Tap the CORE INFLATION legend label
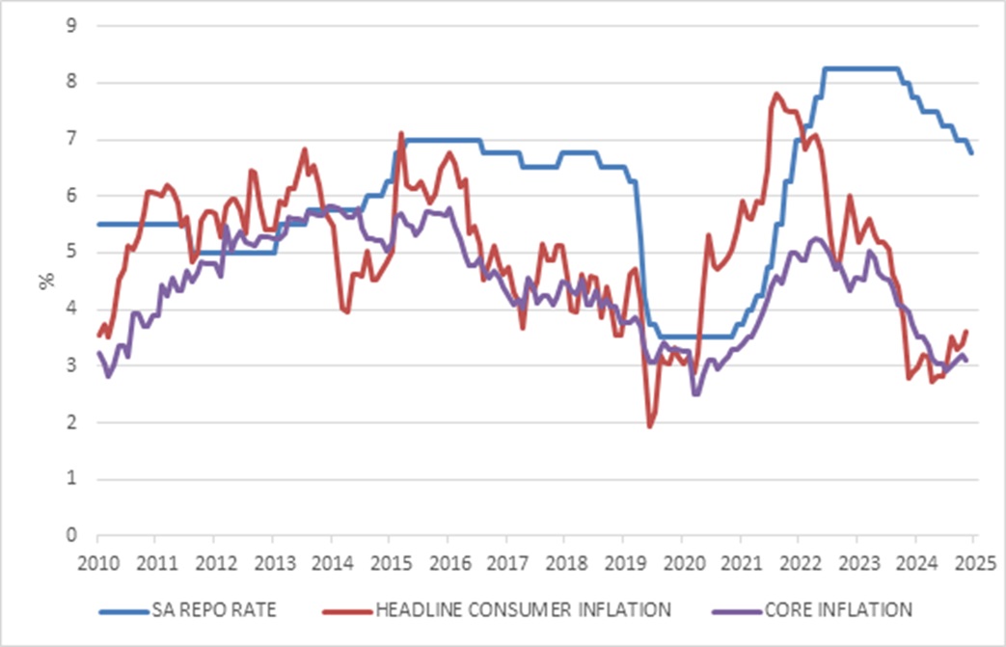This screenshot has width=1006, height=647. click(x=837, y=608)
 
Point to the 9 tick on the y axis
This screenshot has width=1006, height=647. click(x=71, y=26)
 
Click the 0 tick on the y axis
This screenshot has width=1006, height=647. click(x=71, y=535)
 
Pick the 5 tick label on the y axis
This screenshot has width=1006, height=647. click(x=71, y=253)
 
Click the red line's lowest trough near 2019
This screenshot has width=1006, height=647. click(x=650, y=425)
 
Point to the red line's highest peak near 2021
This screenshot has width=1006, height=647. click(x=776, y=94)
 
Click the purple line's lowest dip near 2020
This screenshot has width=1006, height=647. click(x=695, y=393)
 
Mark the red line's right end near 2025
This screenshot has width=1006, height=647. click(x=966, y=331)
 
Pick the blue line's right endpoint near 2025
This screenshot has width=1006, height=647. click(x=971, y=153)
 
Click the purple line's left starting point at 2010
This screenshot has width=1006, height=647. click(x=99, y=353)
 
